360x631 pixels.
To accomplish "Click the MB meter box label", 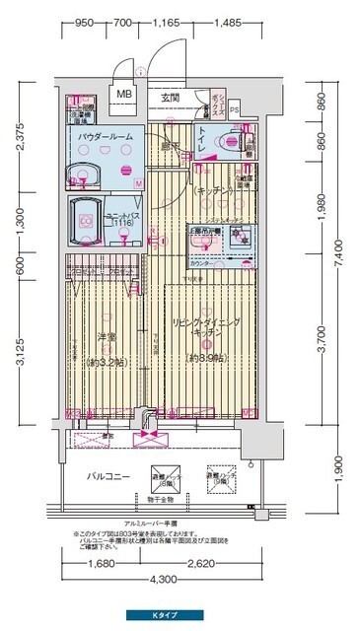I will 124,95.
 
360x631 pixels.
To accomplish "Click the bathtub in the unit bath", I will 87,220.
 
